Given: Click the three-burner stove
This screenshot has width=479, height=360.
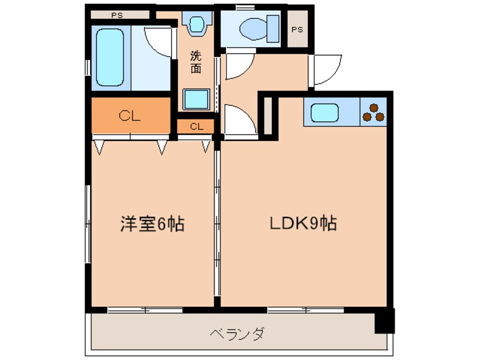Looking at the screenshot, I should click(373, 112).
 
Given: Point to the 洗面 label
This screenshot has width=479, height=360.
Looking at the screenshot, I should click(195, 62).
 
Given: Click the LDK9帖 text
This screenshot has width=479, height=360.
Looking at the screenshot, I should click(302, 223).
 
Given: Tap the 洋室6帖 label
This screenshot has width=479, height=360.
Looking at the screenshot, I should click(152, 224).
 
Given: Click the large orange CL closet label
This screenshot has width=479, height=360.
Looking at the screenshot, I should click(130, 117).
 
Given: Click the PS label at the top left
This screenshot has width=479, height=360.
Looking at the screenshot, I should click(117, 15).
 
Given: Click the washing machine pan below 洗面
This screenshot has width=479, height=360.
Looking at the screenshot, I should click(196, 100).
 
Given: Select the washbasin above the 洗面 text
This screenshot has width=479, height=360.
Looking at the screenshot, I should click(196, 24).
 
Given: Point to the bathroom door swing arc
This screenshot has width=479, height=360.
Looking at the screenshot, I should click(159, 41).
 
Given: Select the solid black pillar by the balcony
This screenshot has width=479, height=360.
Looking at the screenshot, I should click(385, 322).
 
